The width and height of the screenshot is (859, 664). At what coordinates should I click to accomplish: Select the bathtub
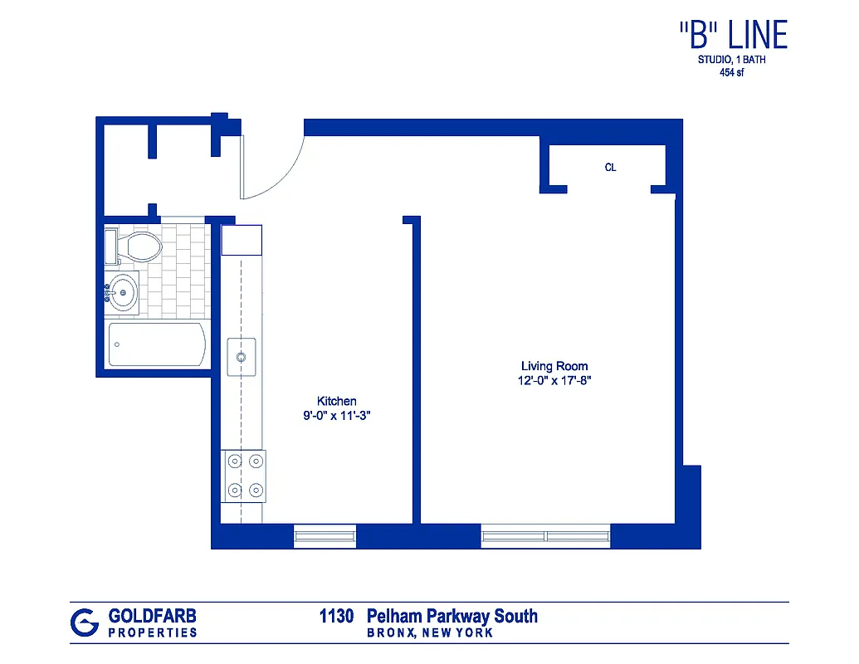[x=158, y=344]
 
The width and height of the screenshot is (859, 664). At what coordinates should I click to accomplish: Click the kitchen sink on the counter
[x=241, y=357]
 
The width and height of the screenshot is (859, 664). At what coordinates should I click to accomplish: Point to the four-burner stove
[x=244, y=476]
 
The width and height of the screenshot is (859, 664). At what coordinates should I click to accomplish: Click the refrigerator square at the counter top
[x=242, y=239]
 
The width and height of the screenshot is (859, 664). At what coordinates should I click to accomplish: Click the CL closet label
[x=610, y=168]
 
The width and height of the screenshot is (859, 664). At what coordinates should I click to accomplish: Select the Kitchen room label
[x=337, y=401]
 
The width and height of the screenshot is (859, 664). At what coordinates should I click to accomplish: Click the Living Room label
[x=554, y=366]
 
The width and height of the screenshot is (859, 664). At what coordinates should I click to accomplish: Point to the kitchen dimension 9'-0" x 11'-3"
[x=336, y=417]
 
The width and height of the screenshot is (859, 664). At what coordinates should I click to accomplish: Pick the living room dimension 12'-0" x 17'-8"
[x=554, y=381]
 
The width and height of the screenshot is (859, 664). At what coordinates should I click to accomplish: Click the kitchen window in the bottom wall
[x=325, y=536]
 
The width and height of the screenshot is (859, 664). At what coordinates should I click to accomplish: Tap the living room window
[x=545, y=536]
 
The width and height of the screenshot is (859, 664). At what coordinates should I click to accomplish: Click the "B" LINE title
[x=732, y=35]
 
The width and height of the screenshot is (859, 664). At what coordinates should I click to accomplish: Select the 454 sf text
[x=731, y=72]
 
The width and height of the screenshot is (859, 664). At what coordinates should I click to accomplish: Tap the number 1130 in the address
[x=337, y=616]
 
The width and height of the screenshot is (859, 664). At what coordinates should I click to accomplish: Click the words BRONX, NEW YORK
[x=430, y=633]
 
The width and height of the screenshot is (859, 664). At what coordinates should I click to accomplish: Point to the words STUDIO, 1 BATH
[x=731, y=60]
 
